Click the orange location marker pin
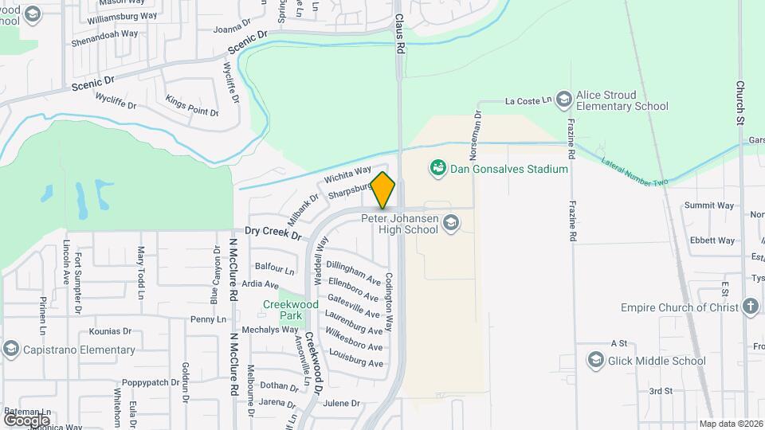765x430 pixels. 383,190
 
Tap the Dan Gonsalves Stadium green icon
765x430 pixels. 437,168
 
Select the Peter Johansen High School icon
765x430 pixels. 452,221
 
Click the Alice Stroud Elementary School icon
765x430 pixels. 564,98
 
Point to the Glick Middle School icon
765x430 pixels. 594,361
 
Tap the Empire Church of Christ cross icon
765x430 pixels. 750,307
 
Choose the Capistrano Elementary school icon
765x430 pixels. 10,350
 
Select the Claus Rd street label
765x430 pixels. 400,32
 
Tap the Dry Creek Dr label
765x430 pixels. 273,233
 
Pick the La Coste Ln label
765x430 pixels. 529,101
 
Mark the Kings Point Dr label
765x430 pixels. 192,105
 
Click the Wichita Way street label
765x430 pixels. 347,175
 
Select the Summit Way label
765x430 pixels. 709,205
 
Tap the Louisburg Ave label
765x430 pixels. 355,358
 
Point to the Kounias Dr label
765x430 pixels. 110,331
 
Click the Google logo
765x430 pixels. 26,420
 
